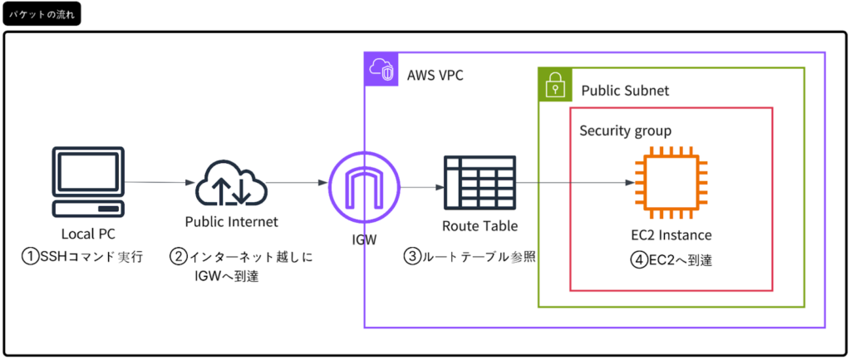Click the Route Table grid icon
[x=479, y=183]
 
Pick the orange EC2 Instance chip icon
[x=671, y=183]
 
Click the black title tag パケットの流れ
[x=42, y=16]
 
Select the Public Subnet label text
[x=624, y=90]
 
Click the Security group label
[x=625, y=131]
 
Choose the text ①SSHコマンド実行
[x=82, y=257]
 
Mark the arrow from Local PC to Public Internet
[x=155, y=182]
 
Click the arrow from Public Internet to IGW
[x=295, y=183]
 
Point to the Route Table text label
[x=479, y=225]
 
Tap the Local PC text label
[x=89, y=234]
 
